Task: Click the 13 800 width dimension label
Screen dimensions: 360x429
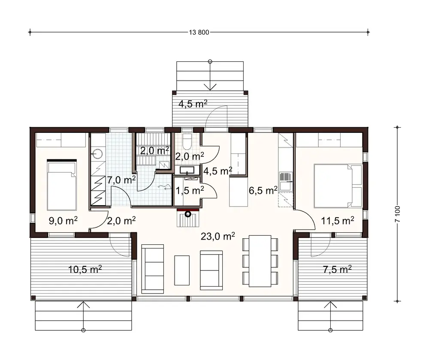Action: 198,33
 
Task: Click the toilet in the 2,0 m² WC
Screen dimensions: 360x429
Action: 187,141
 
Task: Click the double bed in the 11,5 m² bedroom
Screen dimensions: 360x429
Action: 336,184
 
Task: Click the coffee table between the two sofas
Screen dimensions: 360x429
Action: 182,270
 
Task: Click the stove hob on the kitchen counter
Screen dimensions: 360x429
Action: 285,177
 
